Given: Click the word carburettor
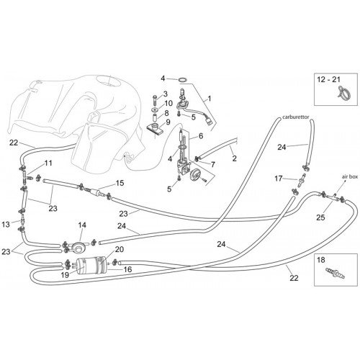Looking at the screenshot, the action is click(x=295, y=117).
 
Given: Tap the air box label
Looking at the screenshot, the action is click(x=350, y=176).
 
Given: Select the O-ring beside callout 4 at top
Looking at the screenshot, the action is click(x=183, y=80).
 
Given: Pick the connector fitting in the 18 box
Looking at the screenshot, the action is click(x=335, y=274).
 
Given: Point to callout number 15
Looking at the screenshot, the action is click(x=120, y=183).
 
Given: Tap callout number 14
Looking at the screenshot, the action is click(x=82, y=225).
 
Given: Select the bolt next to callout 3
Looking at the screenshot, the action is click(x=155, y=99).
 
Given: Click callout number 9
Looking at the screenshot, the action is click(x=168, y=122).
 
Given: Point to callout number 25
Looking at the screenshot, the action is click(x=320, y=217).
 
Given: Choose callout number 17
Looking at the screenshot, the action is click(x=279, y=179).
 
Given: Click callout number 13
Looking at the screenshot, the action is click(x=6, y=225).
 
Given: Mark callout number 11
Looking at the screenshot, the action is click(x=48, y=163).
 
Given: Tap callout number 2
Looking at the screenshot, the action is click(x=234, y=158).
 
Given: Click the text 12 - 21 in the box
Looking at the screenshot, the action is click(x=328, y=79).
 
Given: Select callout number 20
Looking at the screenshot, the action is click(x=120, y=249).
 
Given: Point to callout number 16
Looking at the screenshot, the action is click(x=127, y=269).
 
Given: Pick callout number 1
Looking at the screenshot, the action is click(x=210, y=99).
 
